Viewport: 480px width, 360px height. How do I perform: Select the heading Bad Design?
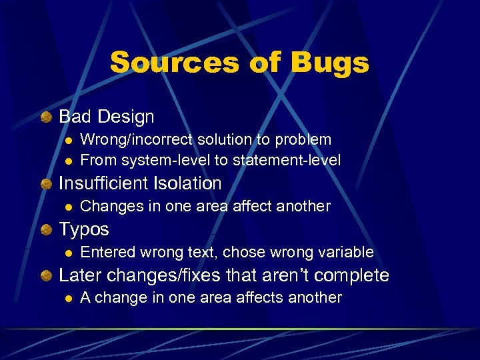(x=107, y=117)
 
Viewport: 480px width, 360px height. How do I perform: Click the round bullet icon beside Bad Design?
(x=46, y=117)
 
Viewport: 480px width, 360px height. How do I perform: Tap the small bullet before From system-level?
(x=68, y=161)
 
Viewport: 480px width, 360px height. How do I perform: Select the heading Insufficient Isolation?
(x=140, y=183)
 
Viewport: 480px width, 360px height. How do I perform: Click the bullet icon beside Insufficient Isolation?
(x=46, y=183)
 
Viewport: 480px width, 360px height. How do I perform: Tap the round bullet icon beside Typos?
(x=46, y=229)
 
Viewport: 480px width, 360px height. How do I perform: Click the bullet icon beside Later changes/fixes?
(x=46, y=275)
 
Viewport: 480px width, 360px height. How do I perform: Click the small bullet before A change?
(x=68, y=298)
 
